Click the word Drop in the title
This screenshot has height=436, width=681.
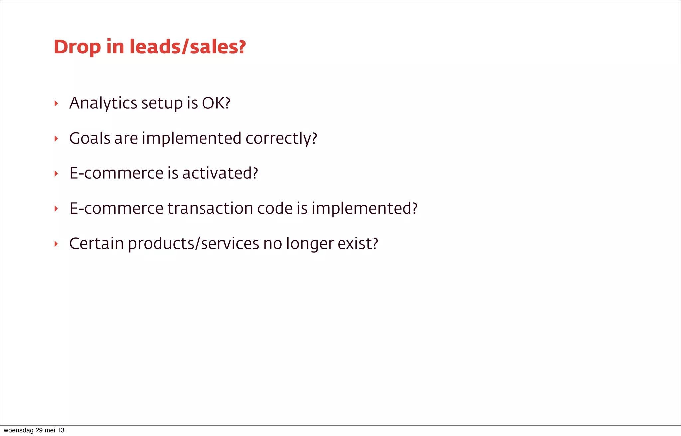point(77,47)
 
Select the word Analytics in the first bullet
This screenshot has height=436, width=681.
point(103,103)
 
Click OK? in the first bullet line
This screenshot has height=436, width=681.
point(216,103)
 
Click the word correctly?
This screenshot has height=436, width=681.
point(281,139)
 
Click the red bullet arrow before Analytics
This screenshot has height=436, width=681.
point(56,103)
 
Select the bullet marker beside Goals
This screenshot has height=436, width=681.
point(56,139)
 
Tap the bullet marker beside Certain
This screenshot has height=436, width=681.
point(56,244)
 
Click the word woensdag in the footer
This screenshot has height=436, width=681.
point(19,430)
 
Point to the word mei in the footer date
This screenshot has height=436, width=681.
point(50,430)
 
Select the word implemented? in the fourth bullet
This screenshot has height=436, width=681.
point(364,209)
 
